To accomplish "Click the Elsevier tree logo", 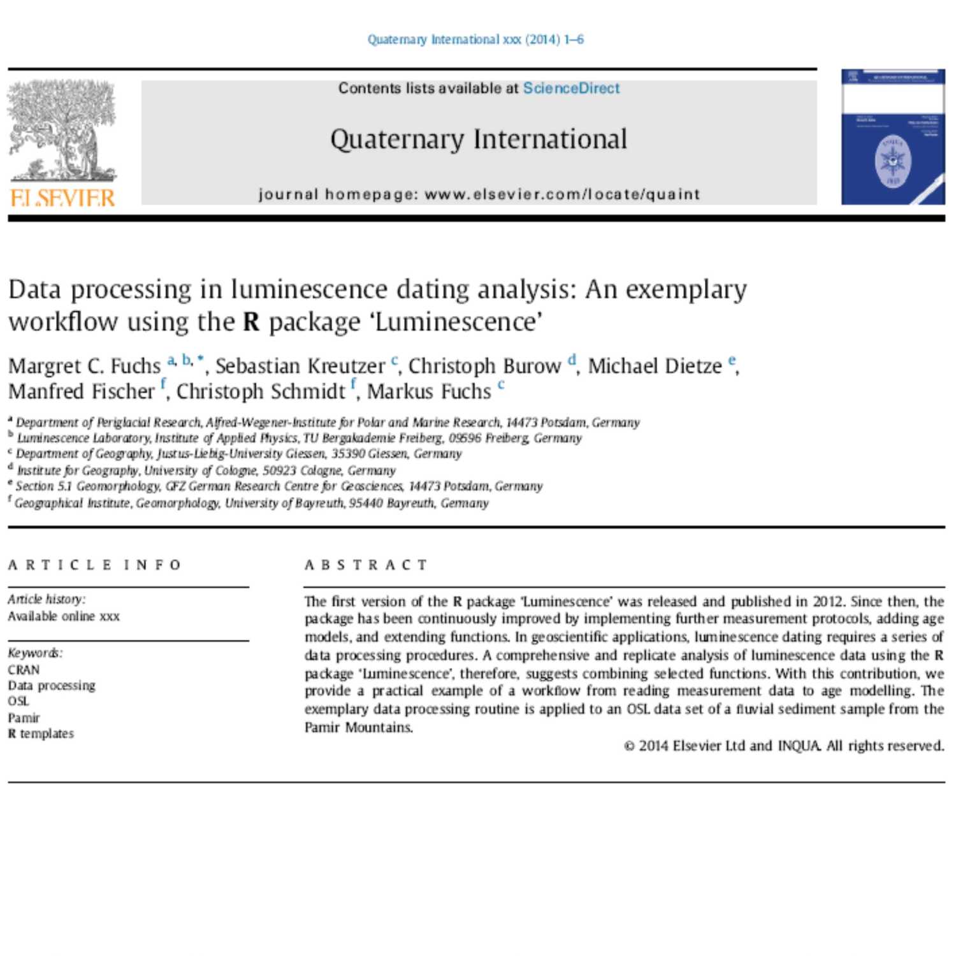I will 62,131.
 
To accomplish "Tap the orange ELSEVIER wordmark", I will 62,198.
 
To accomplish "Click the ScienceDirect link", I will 571,88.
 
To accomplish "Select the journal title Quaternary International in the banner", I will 479,139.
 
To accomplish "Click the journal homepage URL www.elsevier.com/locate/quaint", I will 562,194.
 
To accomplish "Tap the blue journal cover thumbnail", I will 892,137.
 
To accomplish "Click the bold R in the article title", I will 251,322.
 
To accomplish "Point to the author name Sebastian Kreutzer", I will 300,366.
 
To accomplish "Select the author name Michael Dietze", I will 655,366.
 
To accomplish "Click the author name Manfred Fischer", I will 82,391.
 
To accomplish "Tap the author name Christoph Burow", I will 484,366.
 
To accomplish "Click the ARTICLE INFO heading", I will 95,565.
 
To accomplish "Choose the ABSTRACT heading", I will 366,565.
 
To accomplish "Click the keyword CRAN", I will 24,670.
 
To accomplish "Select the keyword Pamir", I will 24,718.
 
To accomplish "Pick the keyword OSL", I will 18,702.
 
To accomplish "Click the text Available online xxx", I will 64,616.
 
